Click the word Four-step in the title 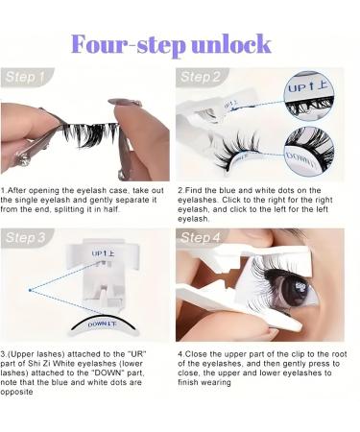click(129, 45)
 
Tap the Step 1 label click(25, 77)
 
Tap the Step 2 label click(201, 77)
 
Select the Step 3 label click(26, 238)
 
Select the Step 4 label click(201, 238)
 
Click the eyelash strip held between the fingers click(90, 132)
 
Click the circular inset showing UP click(309, 96)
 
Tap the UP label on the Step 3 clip click(103, 253)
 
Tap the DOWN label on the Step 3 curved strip click(102, 324)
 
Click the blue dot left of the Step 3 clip click(30, 290)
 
